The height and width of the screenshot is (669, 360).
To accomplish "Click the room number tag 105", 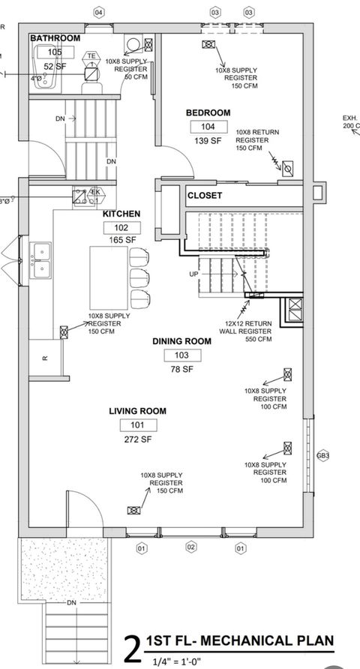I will click(55, 52).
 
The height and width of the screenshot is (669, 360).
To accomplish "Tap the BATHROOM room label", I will click(55, 38).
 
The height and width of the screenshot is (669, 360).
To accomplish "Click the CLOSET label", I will click(205, 195).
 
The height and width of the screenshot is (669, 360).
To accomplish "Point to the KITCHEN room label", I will click(121, 214).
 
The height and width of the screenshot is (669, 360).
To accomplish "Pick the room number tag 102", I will click(121, 227).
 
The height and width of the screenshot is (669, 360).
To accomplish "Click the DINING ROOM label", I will click(181, 341).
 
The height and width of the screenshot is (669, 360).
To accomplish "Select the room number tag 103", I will click(181, 355).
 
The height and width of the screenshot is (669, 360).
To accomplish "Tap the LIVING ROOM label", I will click(137, 411).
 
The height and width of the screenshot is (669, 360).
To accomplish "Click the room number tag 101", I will click(136, 425).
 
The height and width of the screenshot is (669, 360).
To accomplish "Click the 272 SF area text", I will click(136, 439).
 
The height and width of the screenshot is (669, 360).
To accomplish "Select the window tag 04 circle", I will click(98, 13).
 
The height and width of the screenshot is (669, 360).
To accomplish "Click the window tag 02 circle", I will click(190, 547).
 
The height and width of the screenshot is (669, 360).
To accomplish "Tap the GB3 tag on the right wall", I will click(323, 455).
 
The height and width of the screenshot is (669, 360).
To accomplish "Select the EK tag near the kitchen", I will click(95, 192).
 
